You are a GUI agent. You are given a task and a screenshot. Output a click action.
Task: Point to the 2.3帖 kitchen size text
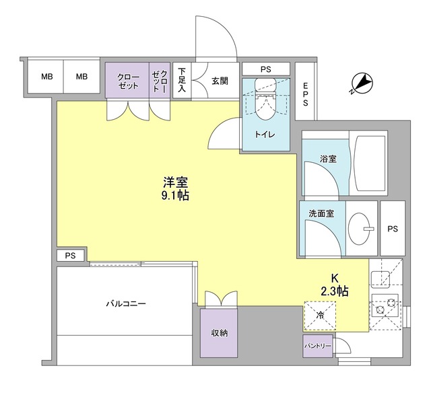[334, 291]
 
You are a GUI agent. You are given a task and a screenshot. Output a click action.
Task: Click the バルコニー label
[126, 303]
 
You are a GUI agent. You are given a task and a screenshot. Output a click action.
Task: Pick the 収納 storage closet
[219, 333]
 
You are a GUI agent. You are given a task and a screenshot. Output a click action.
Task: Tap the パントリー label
[318, 347]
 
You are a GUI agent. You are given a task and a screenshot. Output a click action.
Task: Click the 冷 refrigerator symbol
[320, 315]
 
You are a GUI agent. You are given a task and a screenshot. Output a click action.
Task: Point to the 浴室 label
[328, 159]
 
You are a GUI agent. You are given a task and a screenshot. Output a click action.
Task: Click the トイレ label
[264, 135]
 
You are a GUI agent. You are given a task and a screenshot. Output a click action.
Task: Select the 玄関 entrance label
[220, 81]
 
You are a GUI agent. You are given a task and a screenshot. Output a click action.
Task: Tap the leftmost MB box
[46, 77]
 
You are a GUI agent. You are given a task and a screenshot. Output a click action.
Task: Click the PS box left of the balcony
[71, 256]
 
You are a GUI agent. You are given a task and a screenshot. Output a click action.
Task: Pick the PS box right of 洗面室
[393, 229]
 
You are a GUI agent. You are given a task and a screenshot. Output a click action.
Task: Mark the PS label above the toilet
[265, 69]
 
